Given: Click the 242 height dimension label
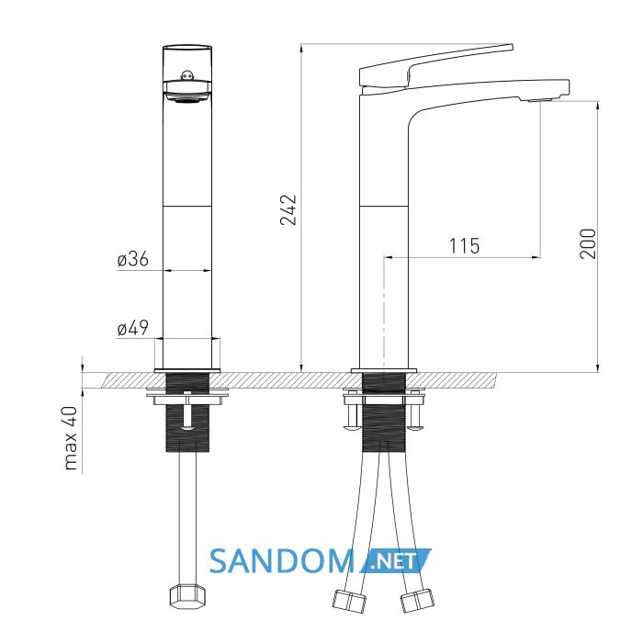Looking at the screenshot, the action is (288, 210).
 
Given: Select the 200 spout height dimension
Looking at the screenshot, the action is (588, 243).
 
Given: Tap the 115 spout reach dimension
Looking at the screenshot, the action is (464, 246).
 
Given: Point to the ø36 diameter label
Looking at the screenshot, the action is (132, 260).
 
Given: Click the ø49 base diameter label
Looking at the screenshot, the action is (132, 328).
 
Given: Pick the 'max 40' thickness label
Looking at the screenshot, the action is (71, 437).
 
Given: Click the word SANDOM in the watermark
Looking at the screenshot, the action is (282, 561).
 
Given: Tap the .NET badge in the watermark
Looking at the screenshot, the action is (395, 560).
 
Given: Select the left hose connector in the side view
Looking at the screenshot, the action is (348, 601).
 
